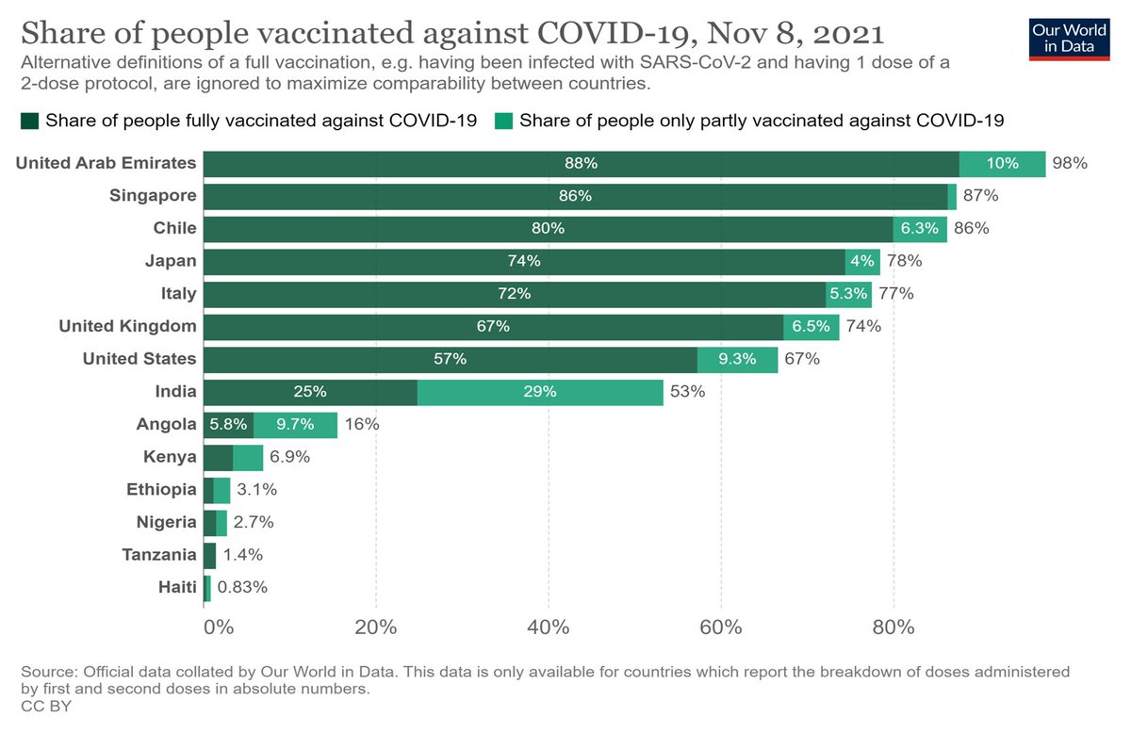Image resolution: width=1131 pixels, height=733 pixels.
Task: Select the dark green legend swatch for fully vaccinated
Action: coord(29,121)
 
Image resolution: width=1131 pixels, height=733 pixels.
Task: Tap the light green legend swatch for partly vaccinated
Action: coord(503,121)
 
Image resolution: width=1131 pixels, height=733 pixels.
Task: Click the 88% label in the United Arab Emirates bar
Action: coord(582,163)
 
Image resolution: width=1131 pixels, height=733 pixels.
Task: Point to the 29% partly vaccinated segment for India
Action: coord(540,392)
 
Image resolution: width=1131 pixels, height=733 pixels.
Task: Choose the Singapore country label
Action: coord(152,196)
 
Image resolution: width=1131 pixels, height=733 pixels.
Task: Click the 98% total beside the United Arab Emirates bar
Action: coord(1070,163)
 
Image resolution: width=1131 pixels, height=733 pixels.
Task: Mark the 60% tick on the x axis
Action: coord(721,627)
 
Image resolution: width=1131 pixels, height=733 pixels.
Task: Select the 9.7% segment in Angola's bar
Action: coord(295,425)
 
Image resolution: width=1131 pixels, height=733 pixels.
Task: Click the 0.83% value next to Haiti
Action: coord(242,588)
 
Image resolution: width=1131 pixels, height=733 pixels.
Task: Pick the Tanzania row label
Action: coord(159,555)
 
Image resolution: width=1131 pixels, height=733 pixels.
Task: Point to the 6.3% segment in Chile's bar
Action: coord(920,229)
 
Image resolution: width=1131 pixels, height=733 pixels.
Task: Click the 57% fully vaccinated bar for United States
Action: coord(450,360)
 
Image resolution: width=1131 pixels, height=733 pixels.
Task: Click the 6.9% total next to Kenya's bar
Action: coord(290,458)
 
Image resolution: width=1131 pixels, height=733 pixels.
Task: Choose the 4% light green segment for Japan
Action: coord(862,261)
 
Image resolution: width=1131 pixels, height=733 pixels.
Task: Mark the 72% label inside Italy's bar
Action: coord(515,294)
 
